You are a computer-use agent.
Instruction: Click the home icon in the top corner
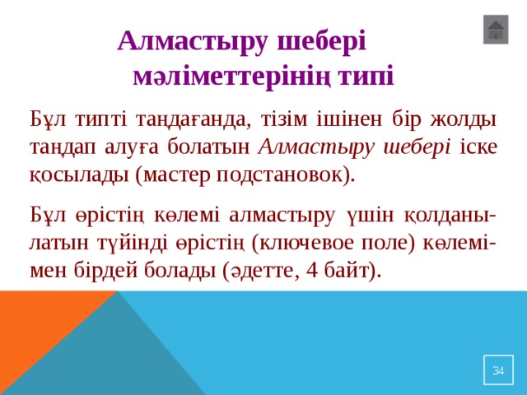pos(496,30)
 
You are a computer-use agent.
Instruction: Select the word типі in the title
pos(368,77)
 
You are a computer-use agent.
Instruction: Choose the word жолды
pos(466,118)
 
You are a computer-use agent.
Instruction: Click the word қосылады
pos(80,175)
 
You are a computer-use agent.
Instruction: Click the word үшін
pos(369,216)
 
